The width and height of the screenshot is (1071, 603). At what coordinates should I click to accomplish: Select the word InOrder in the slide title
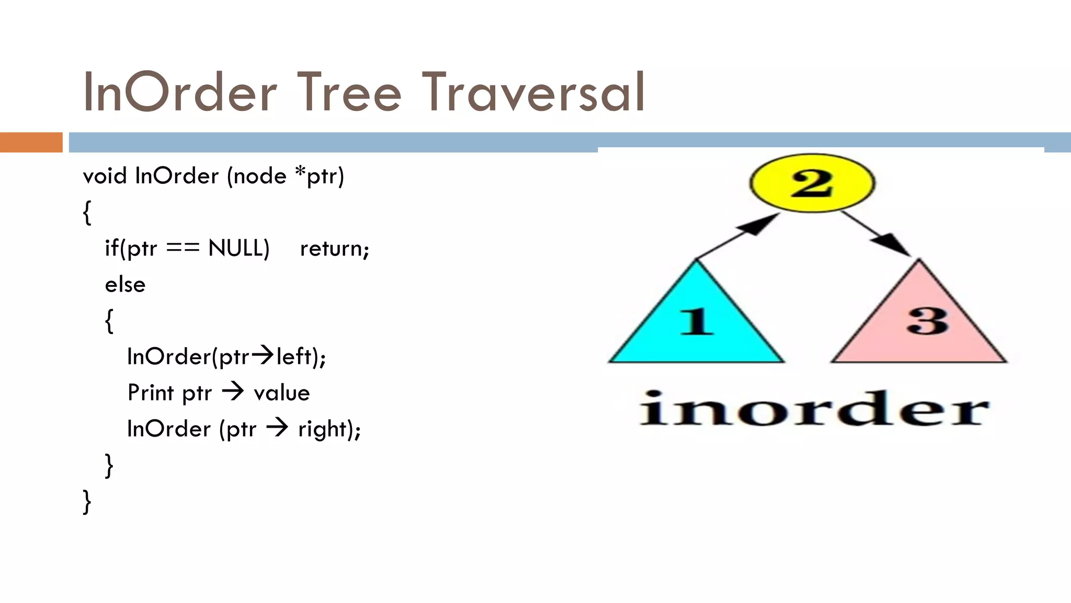[x=179, y=93]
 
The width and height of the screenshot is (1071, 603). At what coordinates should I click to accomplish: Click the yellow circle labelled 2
[x=812, y=183]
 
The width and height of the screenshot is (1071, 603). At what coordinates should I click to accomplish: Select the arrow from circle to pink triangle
[x=876, y=233]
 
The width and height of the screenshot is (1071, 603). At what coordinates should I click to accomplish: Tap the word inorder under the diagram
[x=814, y=409]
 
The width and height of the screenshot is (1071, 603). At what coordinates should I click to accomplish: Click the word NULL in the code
[x=238, y=248]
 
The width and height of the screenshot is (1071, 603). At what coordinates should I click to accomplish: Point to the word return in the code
[x=334, y=249]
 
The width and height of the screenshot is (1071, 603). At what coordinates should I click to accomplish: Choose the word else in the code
[x=125, y=285]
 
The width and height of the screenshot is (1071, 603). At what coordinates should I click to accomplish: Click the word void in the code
[x=105, y=176]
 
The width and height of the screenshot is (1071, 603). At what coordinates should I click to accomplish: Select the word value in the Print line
[x=281, y=393]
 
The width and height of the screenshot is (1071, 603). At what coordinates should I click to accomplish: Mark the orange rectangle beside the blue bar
[x=31, y=142]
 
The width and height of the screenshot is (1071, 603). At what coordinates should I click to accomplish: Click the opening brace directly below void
[x=87, y=213]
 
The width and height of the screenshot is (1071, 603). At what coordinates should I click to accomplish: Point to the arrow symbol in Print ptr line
[x=233, y=392]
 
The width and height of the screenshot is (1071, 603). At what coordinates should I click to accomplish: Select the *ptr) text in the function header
[x=320, y=176]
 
